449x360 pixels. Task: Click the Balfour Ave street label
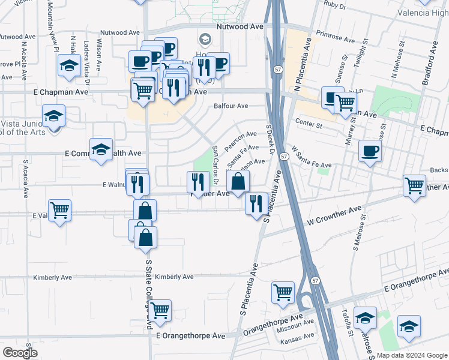(x=231, y=106)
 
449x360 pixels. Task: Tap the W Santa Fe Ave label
(x=311, y=157)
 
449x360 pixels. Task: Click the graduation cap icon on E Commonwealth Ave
(x=101, y=150)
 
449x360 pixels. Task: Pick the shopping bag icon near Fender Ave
(x=238, y=182)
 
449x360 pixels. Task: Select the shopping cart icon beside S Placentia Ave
(x=283, y=293)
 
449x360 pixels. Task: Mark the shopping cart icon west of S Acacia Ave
(x=59, y=211)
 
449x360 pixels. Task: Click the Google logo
(x=20, y=353)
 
